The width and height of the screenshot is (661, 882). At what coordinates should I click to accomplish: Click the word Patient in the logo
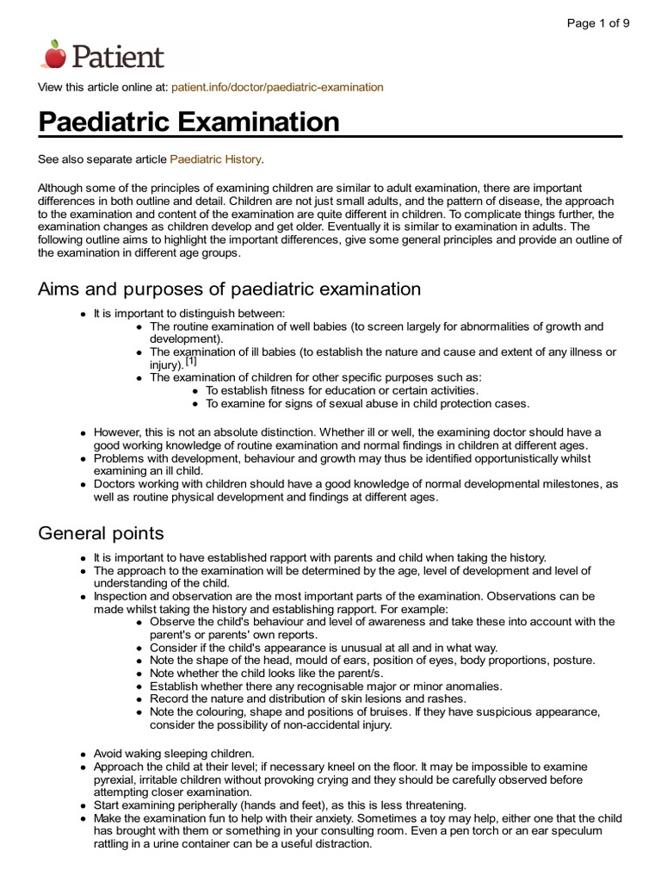[116, 57]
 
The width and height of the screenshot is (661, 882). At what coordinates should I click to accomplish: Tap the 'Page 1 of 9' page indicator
[597, 23]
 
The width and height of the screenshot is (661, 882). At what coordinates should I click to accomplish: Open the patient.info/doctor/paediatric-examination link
[277, 88]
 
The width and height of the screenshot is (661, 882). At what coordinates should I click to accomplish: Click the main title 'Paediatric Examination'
[189, 121]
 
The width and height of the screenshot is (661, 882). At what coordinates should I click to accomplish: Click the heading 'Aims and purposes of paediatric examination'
[229, 289]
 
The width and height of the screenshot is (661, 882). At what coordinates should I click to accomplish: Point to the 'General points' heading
[101, 533]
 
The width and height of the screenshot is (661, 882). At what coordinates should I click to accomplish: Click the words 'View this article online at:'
[103, 88]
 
